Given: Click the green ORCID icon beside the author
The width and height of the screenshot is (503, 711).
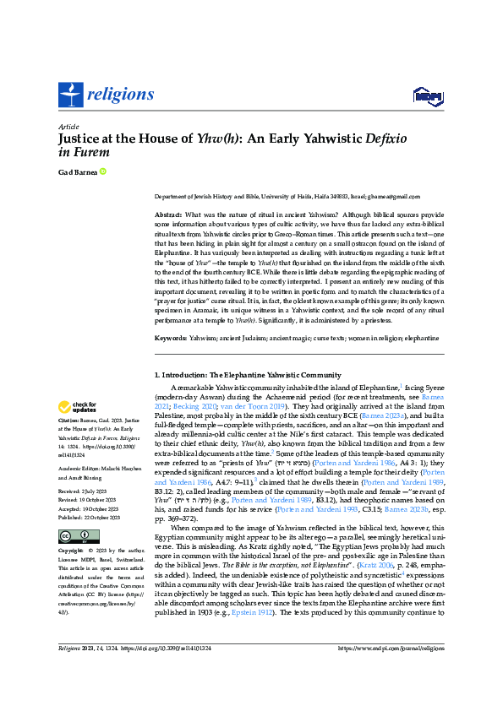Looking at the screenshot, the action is tap(102, 172).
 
